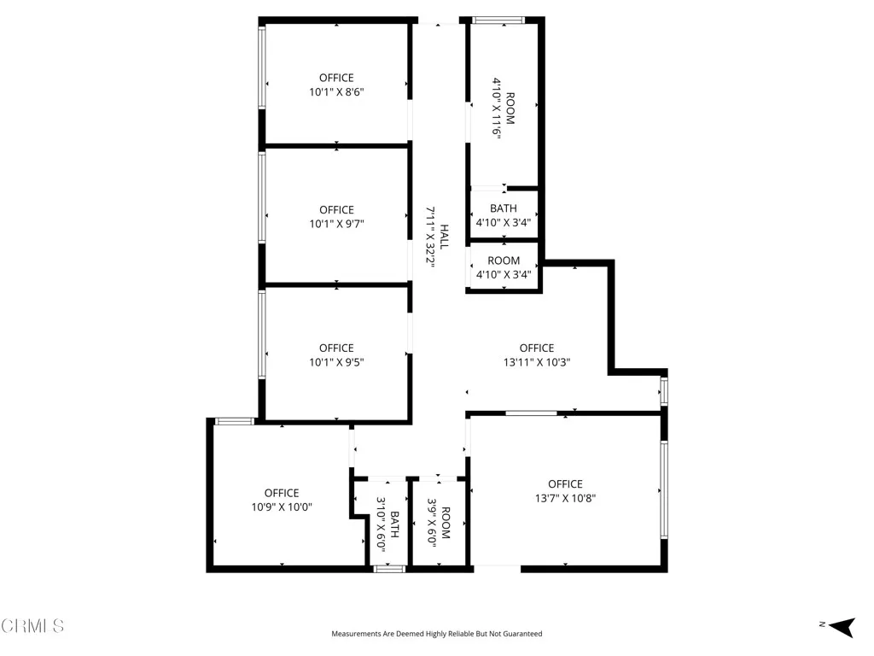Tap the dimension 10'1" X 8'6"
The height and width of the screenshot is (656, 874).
(x=336, y=91)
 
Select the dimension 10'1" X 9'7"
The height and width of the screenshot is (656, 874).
(x=336, y=224)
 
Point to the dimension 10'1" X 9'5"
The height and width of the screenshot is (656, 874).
(x=336, y=361)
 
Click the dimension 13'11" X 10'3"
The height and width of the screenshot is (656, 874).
(x=536, y=361)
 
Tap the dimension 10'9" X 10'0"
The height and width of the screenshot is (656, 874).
(x=282, y=507)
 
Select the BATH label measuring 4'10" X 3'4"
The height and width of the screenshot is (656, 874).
(x=504, y=208)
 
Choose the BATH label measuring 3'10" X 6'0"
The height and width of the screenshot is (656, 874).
(x=395, y=524)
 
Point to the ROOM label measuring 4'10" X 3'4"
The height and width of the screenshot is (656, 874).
(x=504, y=261)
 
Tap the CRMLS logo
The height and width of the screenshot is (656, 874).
(x=32, y=626)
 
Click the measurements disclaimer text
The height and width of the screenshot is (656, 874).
(x=436, y=634)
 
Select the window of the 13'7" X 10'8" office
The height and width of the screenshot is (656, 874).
(x=664, y=489)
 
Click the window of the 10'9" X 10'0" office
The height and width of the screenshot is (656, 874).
(x=233, y=420)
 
